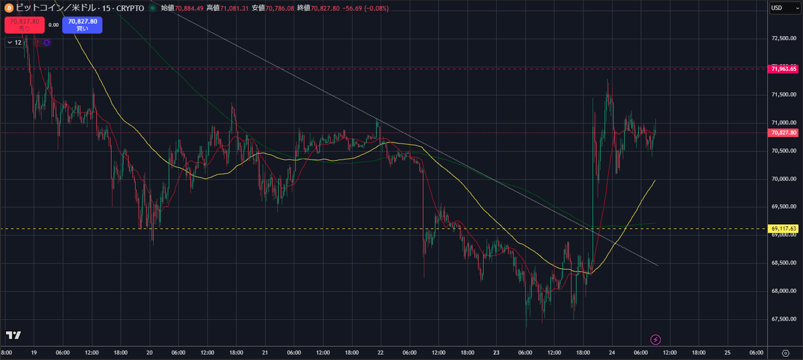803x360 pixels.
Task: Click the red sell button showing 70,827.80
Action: tap(24, 24)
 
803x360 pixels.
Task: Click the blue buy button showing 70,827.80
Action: tap(83, 24)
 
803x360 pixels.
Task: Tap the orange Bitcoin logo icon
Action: tap(7, 9)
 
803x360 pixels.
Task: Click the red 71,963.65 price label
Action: tap(784, 68)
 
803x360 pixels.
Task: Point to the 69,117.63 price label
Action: tap(784, 229)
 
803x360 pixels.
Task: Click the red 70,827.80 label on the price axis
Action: tap(784, 132)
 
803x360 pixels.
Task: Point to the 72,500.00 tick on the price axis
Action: tap(784, 39)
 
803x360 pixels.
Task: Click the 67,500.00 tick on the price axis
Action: tap(784, 319)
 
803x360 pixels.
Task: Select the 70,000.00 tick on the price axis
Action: tap(784, 179)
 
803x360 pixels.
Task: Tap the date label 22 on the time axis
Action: tap(380, 352)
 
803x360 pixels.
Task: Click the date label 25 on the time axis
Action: tap(727, 352)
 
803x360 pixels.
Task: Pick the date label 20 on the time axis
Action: tap(149, 352)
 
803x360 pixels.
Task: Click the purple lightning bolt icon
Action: tap(656, 339)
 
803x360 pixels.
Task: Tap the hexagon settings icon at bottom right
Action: tap(786, 352)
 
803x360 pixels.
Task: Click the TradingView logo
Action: tap(13, 335)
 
